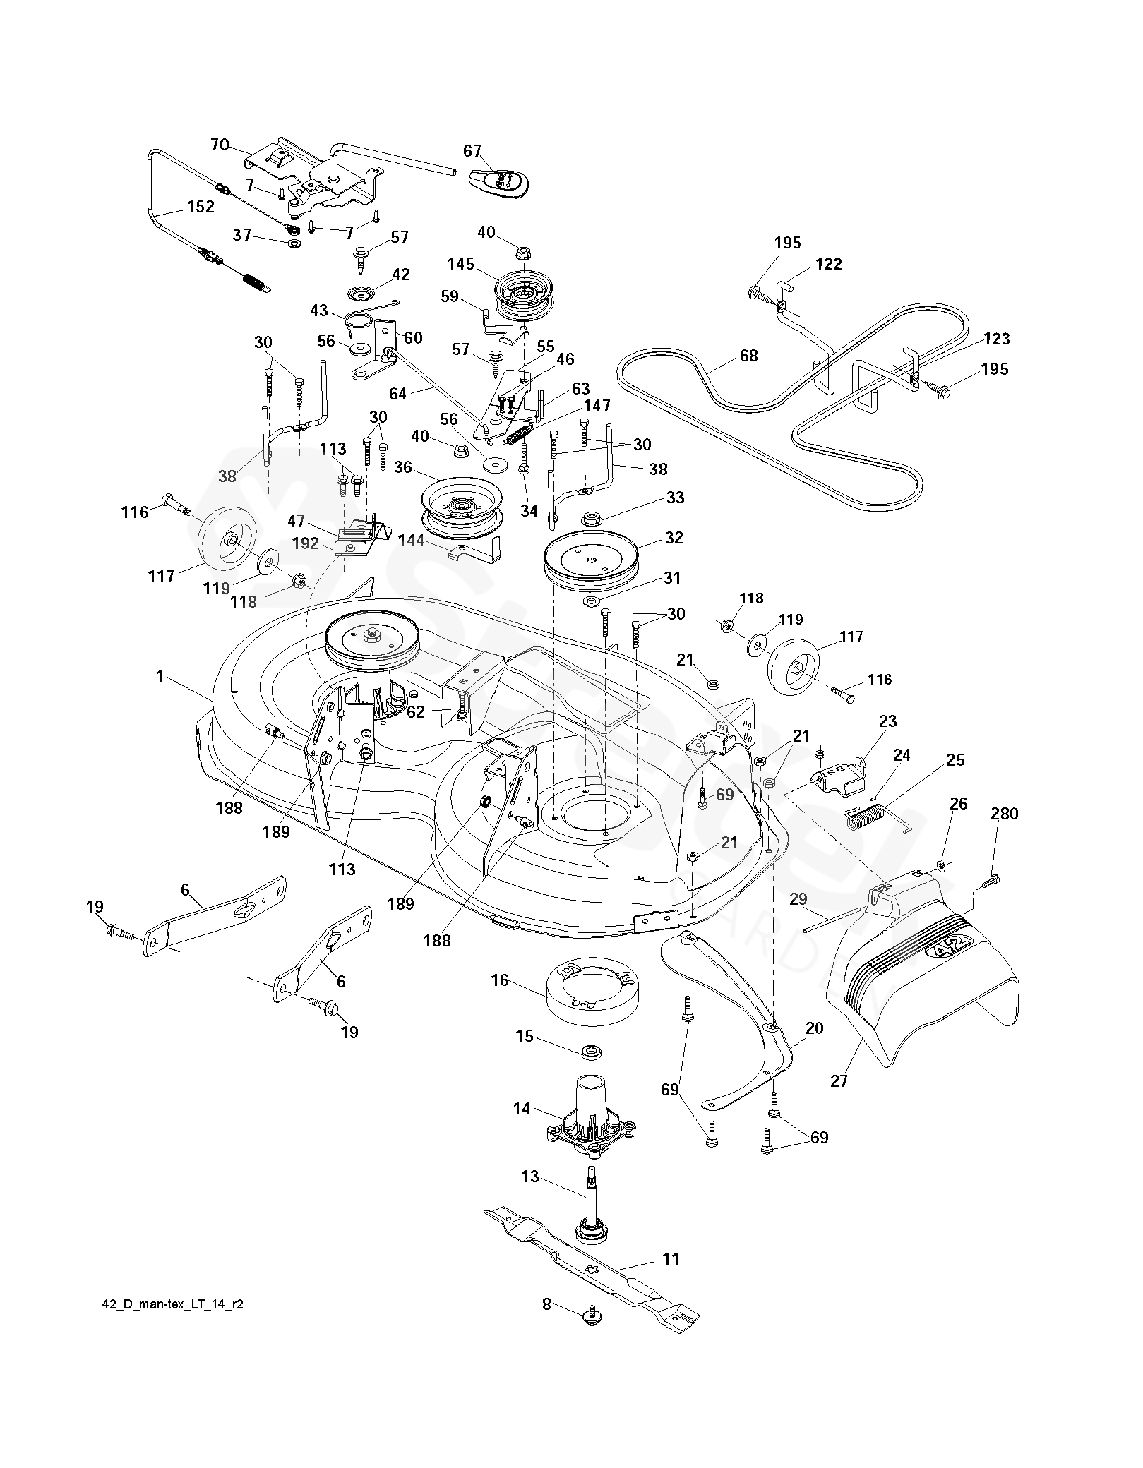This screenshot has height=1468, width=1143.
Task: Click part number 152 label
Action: (201, 207)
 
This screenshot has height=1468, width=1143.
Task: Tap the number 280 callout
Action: (1004, 814)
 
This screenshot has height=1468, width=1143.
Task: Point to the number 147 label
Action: (597, 406)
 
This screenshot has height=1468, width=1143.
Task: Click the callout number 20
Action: (814, 1028)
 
